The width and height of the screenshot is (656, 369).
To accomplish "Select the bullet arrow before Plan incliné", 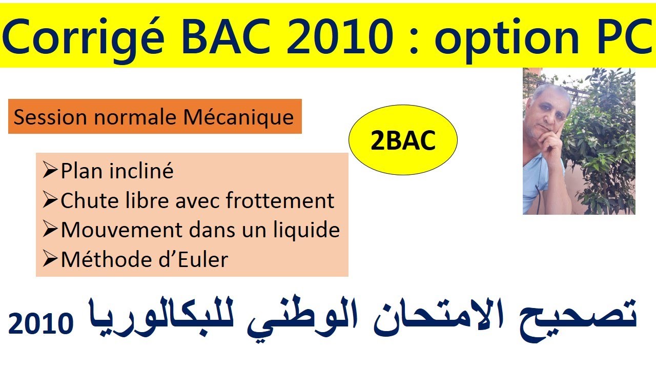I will click(50, 171).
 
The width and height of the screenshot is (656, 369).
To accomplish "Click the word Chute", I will click(84, 200).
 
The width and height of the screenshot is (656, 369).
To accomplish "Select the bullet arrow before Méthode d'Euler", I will click(50, 260).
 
